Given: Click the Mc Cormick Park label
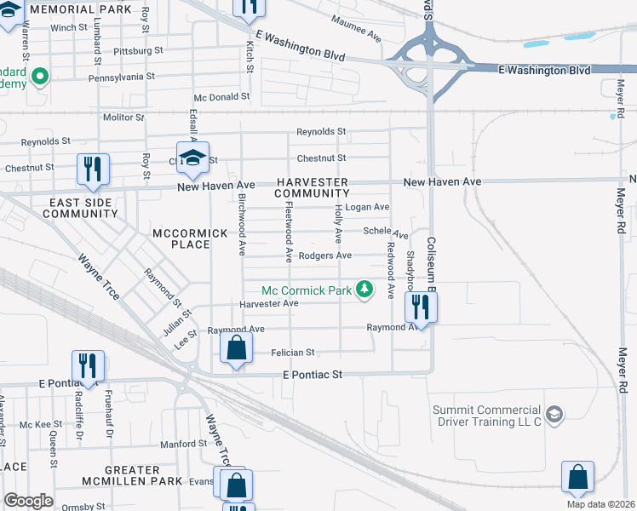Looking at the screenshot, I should coord(307,290).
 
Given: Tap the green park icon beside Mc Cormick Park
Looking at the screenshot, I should coord(364,290).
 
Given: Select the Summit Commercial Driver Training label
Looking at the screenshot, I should coord(487,416).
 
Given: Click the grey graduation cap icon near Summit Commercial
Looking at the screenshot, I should coord(554,415).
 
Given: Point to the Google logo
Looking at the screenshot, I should coord(28,501).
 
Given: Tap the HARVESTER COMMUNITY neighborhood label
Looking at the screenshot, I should coord(312,187).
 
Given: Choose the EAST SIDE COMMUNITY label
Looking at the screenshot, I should coord(79,208).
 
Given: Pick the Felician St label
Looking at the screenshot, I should coord(293,352).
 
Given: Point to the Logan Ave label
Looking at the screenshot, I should coord(372,207).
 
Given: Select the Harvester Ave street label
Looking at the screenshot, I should coord(268,303).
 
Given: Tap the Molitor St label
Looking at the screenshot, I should coord(124,118).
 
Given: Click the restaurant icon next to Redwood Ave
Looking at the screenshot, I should coord(421,306).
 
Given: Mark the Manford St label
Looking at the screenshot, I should coord(184,444).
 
